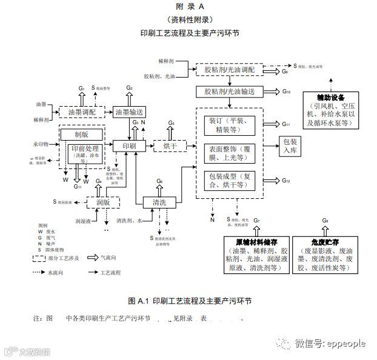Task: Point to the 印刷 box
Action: tap(128, 146)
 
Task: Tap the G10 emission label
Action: tap(287, 92)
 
